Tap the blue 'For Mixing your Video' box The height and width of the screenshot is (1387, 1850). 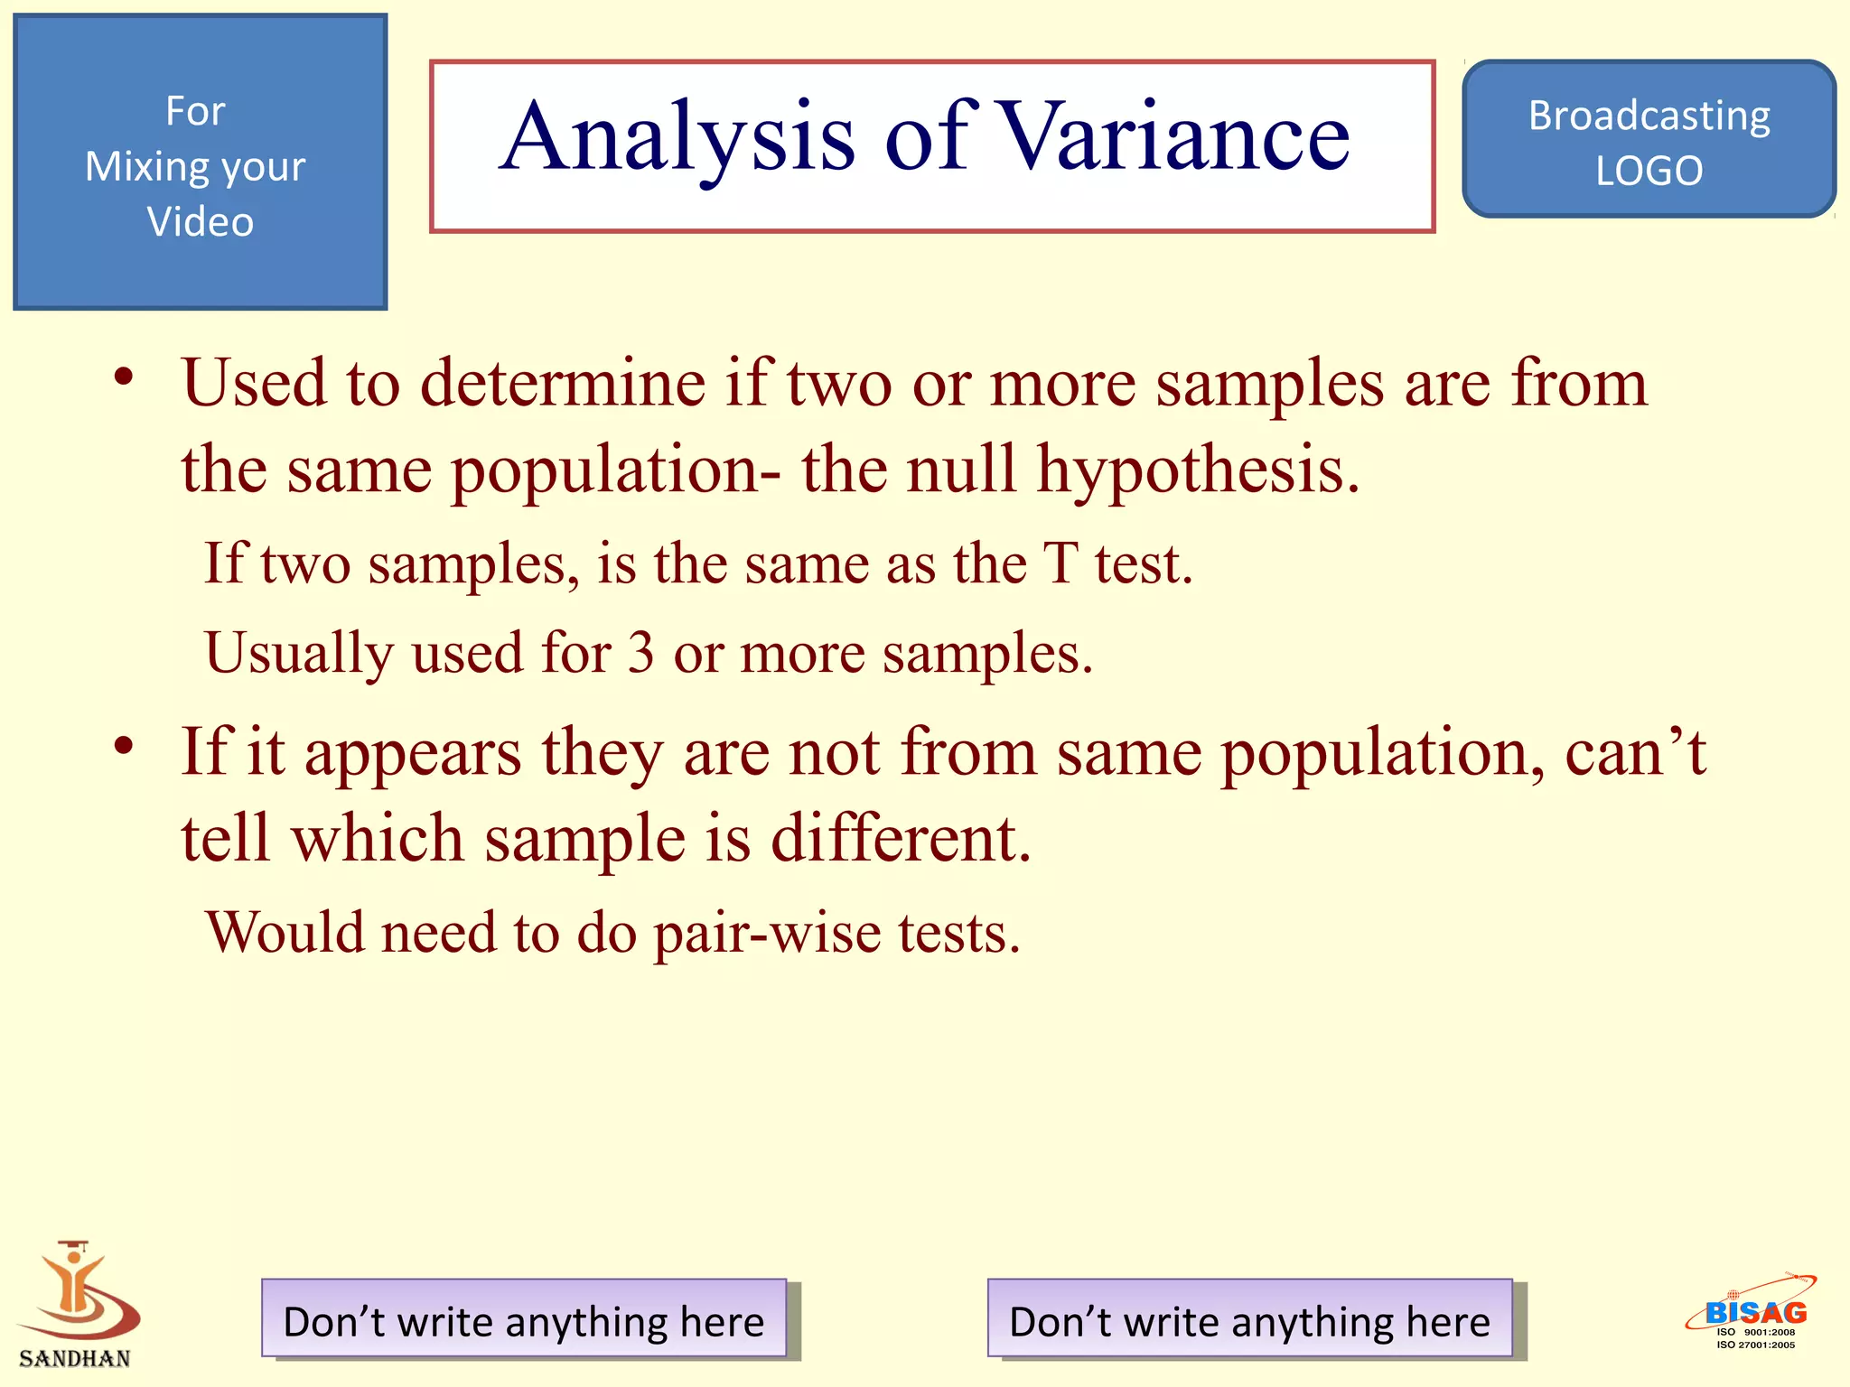tap(200, 163)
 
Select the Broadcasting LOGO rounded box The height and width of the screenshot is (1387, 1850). tap(1649, 139)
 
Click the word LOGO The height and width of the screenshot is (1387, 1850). tap(1649, 171)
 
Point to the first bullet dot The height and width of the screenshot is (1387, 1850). tap(125, 377)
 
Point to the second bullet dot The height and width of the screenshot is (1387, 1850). tap(125, 746)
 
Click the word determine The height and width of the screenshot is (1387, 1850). tap(562, 383)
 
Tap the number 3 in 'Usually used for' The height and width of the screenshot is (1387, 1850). tap(640, 652)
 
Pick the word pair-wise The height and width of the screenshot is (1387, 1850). tap(767, 933)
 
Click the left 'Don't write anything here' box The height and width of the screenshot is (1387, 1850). tap(524, 1318)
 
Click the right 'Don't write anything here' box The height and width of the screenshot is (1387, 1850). tap(1249, 1318)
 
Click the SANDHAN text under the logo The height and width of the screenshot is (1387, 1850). tap(75, 1358)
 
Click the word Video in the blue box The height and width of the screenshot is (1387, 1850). tap(200, 221)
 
